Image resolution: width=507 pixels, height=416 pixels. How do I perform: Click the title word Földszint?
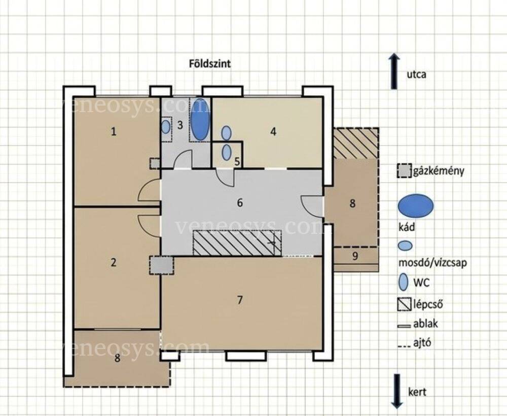(210, 64)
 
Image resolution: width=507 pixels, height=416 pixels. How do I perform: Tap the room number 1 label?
(114, 132)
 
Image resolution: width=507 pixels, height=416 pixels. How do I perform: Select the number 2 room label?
(113, 262)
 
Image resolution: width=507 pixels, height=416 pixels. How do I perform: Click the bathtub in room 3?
(200, 119)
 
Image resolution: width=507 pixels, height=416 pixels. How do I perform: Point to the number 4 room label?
(273, 132)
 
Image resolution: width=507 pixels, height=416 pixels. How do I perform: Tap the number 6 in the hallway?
(240, 203)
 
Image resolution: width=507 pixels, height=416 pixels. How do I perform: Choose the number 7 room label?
(240, 300)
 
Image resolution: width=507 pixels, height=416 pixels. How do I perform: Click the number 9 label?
(355, 256)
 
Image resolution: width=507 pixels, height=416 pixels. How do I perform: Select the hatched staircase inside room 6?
(237, 242)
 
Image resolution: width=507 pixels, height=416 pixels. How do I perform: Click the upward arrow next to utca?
(394, 72)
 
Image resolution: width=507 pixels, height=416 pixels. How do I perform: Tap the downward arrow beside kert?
(397, 391)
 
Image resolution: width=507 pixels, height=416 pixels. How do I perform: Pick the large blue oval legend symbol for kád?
(416, 205)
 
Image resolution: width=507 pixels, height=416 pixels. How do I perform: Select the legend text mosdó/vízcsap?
(432, 263)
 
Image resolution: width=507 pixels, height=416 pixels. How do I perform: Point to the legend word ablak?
(425, 324)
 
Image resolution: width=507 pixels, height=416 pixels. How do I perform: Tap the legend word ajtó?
(422, 342)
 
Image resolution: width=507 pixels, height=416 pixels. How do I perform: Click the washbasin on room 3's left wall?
(166, 127)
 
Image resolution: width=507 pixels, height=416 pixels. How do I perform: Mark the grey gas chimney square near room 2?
(161, 265)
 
